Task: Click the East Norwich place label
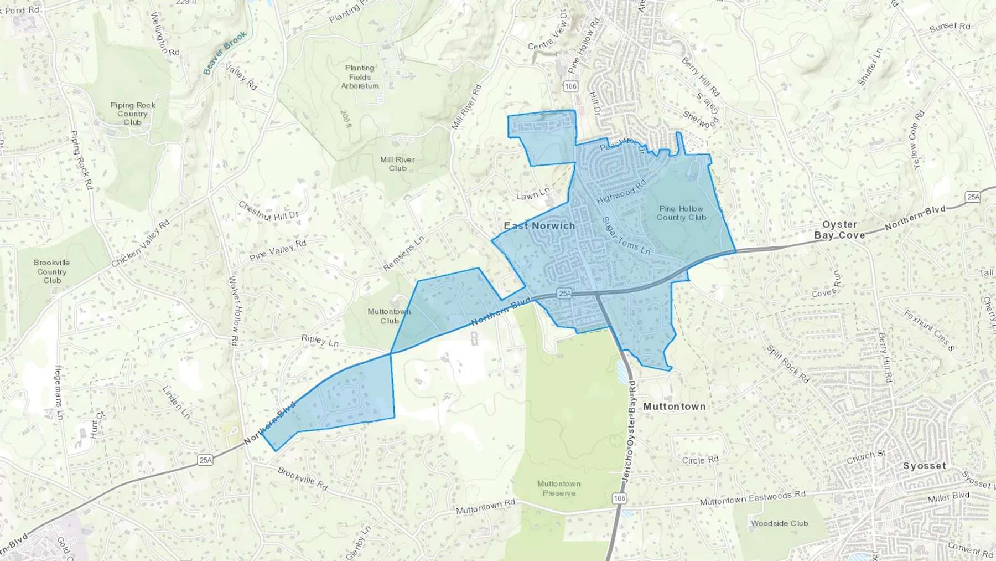[x=539, y=226]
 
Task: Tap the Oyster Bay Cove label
[x=839, y=230]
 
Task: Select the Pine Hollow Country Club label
[x=681, y=213]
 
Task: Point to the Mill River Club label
[x=397, y=164]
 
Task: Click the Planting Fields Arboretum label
[x=360, y=77]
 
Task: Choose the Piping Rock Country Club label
[x=132, y=114]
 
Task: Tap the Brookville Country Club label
[x=52, y=271]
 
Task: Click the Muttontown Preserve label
[x=559, y=488]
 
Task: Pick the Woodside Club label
[x=779, y=523]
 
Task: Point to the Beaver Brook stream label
[x=225, y=53]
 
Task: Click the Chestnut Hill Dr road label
[x=268, y=211]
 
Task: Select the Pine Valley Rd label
[x=278, y=250]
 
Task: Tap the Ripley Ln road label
[x=320, y=341]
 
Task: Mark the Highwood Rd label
[x=621, y=192]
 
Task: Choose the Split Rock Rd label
[x=787, y=364]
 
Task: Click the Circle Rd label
[x=700, y=460]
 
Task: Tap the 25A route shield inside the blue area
[x=564, y=294]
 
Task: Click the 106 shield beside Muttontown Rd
[x=620, y=498]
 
